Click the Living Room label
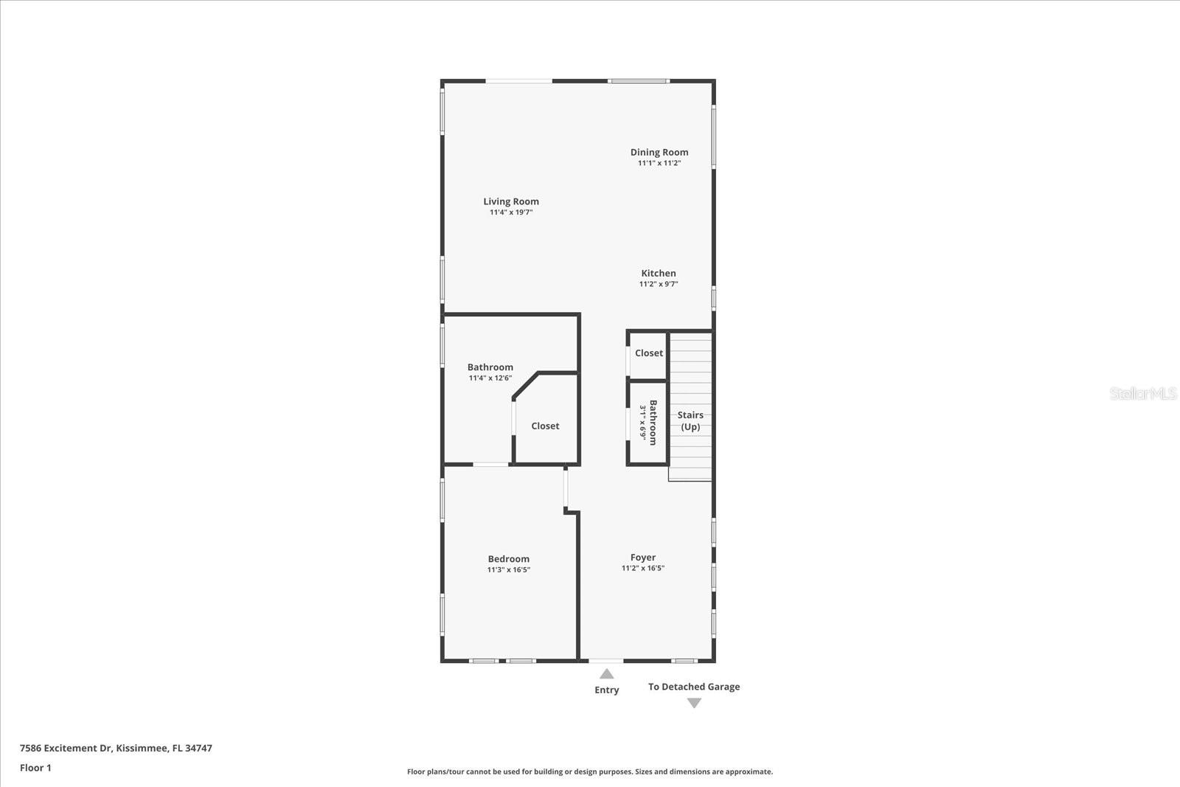click(511, 201)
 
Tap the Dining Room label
click(659, 152)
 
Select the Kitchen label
click(659, 273)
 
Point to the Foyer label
click(643, 558)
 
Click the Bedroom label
click(509, 559)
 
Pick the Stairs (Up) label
click(690, 420)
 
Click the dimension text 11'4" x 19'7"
click(511, 212)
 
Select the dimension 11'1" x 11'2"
click(659, 163)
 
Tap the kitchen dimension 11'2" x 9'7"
click(659, 284)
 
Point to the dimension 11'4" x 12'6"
click(490, 378)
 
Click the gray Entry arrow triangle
click(607, 673)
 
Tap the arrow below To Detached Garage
click(694, 704)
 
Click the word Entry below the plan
click(607, 690)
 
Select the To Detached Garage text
click(694, 687)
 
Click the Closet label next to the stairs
click(649, 353)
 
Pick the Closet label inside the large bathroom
click(545, 426)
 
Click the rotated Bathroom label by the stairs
click(653, 423)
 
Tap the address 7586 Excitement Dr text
click(116, 748)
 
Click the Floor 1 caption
click(35, 768)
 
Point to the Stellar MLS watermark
click(1143, 393)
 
